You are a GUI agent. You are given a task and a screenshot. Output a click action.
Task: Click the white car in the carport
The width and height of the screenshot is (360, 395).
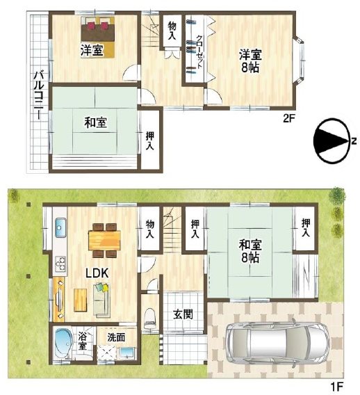275,341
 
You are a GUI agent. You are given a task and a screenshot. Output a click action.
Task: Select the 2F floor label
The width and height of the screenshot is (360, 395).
289,119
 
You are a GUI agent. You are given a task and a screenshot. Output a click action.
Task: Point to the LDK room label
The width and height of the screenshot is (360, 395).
96,273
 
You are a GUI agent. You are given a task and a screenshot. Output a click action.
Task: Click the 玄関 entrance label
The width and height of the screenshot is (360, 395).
183,314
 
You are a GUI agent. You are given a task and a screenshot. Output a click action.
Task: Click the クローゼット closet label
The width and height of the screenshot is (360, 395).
199,50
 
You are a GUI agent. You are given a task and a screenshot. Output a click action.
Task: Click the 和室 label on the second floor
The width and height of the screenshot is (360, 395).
95,123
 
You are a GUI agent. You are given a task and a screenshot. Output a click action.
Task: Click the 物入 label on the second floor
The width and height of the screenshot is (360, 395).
172,30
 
